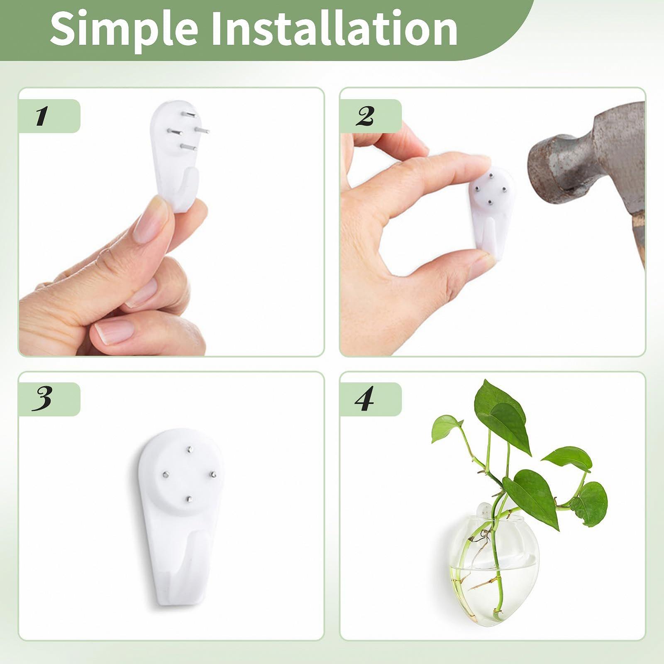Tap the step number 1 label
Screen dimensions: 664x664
click(41, 116)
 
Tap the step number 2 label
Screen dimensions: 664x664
click(365, 116)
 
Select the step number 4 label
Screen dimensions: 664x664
click(364, 399)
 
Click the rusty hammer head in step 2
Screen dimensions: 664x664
click(585, 162)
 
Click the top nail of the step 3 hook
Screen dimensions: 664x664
click(189, 449)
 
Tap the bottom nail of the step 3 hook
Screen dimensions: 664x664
click(189, 499)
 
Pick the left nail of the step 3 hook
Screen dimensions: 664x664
click(164, 474)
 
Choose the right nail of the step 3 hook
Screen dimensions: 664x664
click(213, 474)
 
